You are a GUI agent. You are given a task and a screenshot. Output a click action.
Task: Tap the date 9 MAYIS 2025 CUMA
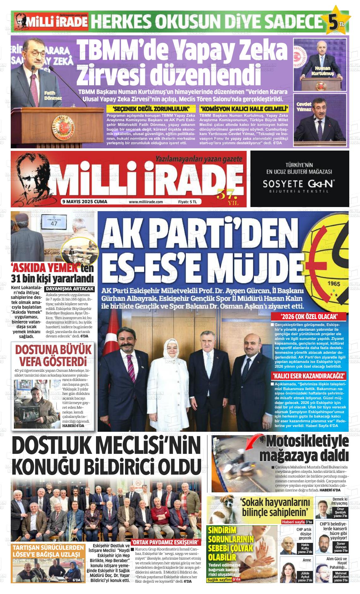pos(84,202)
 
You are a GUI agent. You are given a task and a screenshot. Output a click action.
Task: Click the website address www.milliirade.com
pos(146,202)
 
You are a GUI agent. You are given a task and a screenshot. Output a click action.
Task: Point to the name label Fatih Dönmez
pos(52,96)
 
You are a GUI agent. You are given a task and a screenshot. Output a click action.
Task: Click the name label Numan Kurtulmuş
pos(322,71)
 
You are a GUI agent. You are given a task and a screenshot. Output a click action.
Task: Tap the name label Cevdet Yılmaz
pos(304,107)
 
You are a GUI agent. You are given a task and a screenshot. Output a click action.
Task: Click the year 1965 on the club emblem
pos(334,283)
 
